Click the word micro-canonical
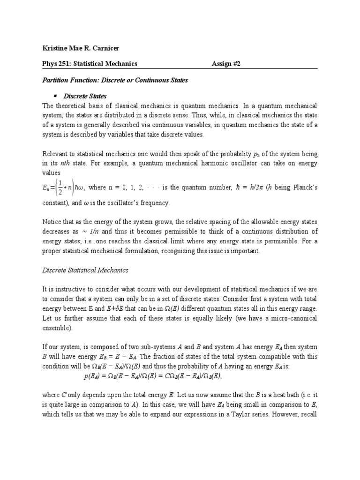point(295,318)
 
